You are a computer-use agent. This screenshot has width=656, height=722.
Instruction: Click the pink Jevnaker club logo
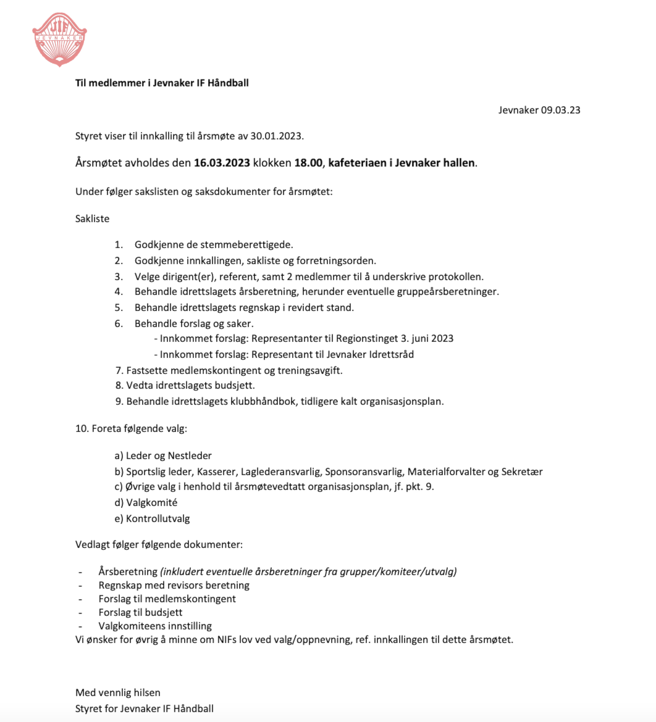pyautogui.click(x=59, y=39)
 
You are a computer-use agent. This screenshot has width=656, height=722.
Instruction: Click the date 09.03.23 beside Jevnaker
pyautogui.click(x=561, y=110)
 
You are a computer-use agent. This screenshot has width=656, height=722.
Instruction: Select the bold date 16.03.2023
pyautogui.click(x=222, y=164)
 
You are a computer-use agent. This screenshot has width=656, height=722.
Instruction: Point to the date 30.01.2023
pyautogui.click(x=277, y=136)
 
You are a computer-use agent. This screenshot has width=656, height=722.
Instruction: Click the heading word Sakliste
pyautogui.click(x=93, y=218)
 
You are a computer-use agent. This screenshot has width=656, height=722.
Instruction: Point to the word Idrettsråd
pyautogui.click(x=390, y=354)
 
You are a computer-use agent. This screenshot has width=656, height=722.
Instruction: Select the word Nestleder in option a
pyautogui.click(x=190, y=455)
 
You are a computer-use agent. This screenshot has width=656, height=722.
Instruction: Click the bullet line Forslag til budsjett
pyautogui.click(x=140, y=612)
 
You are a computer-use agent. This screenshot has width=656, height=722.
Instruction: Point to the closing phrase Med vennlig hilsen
pyautogui.click(x=118, y=692)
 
